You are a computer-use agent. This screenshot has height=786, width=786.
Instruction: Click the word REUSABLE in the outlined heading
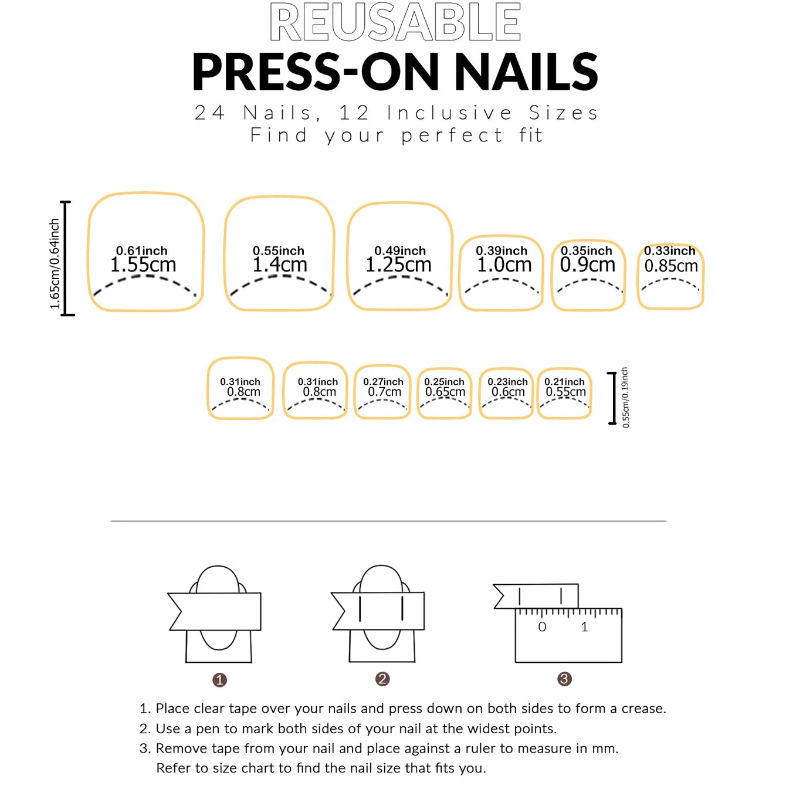click(x=395, y=22)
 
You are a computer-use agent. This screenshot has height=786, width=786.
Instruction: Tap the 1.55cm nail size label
click(x=143, y=265)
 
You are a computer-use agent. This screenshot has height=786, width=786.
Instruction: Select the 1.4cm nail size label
click(x=280, y=265)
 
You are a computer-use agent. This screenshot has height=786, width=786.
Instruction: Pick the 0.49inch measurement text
click(x=399, y=250)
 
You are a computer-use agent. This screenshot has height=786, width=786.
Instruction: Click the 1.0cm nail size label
click(x=504, y=265)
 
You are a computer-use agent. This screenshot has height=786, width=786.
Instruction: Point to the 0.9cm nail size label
click(x=587, y=265)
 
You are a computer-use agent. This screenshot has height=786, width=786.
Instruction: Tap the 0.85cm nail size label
click(x=671, y=266)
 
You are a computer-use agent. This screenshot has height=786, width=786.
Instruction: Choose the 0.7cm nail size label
click(x=384, y=392)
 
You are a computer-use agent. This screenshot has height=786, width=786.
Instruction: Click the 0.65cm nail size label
click(x=445, y=392)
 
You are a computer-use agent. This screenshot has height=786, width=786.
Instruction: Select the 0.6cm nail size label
click(x=508, y=392)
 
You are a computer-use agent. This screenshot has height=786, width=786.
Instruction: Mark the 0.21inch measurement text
click(x=564, y=381)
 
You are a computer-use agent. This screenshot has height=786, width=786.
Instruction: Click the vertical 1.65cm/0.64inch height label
click(x=55, y=263)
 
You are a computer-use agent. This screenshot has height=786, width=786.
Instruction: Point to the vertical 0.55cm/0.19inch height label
click(x=625, y=397)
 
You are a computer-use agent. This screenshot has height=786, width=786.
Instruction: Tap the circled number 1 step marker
click(x=219, y=680)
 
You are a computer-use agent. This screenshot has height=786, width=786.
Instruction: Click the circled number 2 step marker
click(x=382, y=679)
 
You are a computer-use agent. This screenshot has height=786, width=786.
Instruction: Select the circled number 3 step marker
click(x=564, y=679)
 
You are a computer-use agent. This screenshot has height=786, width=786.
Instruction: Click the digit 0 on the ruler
click(x=542, y=626)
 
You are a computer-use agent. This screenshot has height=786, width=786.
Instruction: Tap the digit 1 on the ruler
click(x=584, y=626)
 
